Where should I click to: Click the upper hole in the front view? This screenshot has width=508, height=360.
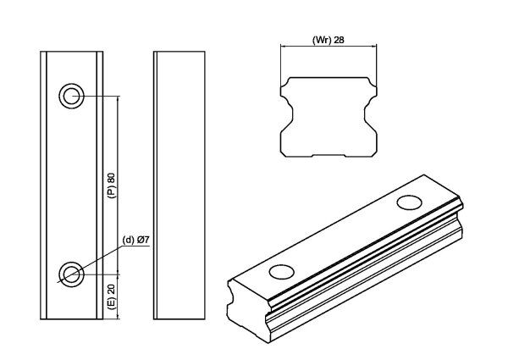pyautogui.click(x=70, y=95)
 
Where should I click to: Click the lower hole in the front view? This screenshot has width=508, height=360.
pyautogui.click(x=70, y=273)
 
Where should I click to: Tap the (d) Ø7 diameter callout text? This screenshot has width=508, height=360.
pyautogui.click(x=135, y=240)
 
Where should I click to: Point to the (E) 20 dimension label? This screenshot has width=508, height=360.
pyautogui.click(x=111, y=296)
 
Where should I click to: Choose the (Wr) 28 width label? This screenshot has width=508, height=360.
pyautogui.click(x=329, y=40)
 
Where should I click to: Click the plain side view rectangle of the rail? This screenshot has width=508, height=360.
pyautogui.click(x=179, y=185)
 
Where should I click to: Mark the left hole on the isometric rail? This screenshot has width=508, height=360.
pyautogui.click(x=280, y=271)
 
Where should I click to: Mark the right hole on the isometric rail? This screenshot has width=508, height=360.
pyautogui.click(x=410, y=202)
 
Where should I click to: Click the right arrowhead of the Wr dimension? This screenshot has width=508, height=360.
pyautogui.click(x=373, y=46)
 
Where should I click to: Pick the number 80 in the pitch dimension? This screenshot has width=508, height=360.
pyautogui.click(x=111, y=177)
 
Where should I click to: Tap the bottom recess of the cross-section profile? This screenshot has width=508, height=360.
pyautogui.click(x=329, y=155)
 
